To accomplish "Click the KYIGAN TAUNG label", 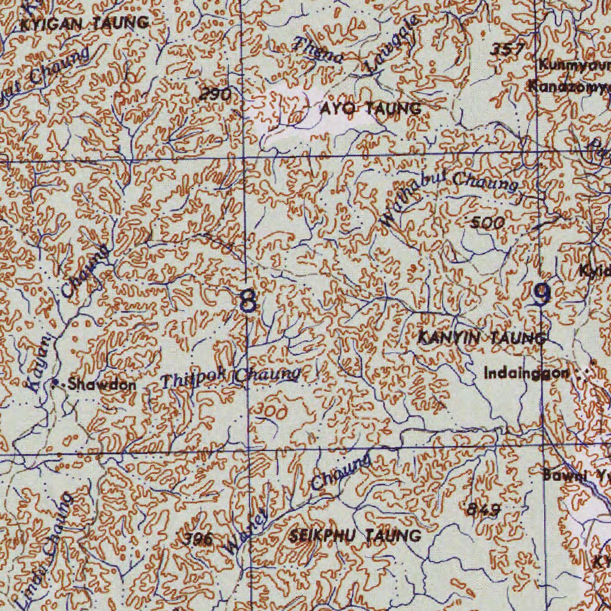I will [x=84, y=23].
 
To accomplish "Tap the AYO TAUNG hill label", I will [x=370, y=109].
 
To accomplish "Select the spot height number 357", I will [x=507, y=50].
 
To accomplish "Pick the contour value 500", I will [x=487, y=223].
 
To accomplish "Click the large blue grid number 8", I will [x=248, y=300].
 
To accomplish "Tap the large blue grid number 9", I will [x=541, y=294].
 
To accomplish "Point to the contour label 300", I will [x=271, y=411].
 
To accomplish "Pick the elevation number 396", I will [x=198, y=539].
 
